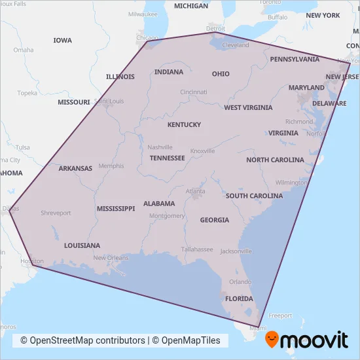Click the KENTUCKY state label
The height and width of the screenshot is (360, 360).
(x=184, y=124)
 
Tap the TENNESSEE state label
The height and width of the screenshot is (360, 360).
(x=167, y=158)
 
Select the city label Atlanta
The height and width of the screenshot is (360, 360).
(x=194, y=192)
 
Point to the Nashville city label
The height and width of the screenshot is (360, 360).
(x=160, y=147)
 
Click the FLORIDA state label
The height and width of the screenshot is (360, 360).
(x=239, y=299)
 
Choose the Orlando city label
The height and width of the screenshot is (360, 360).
(x=240, y=282)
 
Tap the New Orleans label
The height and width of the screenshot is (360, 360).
(x=111, y=258)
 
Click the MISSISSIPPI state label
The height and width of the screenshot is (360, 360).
(x=116, y=209)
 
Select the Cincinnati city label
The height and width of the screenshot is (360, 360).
(x=194, y=92)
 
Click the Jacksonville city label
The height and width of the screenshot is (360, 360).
(x=236, y=251)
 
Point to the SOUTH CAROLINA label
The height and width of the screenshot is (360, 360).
(x=254, y=196)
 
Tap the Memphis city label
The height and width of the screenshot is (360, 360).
(x=111, y=166)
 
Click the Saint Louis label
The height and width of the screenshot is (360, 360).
(x=109, y=101)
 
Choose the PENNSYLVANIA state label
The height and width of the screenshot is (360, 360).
(x=295, y=59)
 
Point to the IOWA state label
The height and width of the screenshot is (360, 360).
(x=63, y=41)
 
